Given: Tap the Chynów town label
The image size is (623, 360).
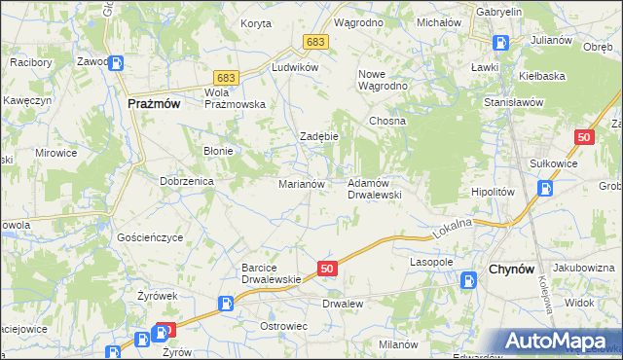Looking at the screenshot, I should (508, 270).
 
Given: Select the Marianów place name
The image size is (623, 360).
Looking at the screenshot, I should (308, 183).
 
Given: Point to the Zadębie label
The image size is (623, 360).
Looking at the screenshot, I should (318, 136).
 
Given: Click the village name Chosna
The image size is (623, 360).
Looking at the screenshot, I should (386, 121).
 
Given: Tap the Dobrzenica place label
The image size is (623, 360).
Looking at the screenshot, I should (187, 181).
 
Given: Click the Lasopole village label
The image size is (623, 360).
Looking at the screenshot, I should (432, 262).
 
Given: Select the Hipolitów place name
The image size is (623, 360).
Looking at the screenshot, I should (492, 192).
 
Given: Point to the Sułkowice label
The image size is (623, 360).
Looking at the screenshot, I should (553, 163).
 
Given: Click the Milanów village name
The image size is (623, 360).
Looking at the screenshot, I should (398, 344).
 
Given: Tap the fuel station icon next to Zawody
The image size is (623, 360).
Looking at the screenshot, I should (116, 63).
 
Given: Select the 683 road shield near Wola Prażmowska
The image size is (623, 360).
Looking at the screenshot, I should (227, 77).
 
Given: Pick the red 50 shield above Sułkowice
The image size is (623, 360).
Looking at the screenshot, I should (584, 138).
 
